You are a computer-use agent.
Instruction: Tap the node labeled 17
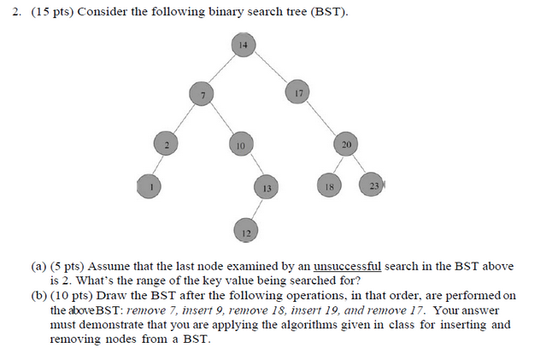[297, 92]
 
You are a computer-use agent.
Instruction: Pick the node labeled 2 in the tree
[167, 145]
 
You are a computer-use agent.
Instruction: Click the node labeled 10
[241, 145]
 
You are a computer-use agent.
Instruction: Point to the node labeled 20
[345, 145]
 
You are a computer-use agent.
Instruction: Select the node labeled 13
[267, 186]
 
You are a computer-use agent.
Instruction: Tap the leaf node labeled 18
[328, 186]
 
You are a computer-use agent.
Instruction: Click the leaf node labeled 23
[373, 185]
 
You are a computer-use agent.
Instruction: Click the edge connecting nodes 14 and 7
[223, 68]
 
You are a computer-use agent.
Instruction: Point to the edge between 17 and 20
[320, 118]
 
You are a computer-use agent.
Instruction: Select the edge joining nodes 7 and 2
[185, 119]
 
